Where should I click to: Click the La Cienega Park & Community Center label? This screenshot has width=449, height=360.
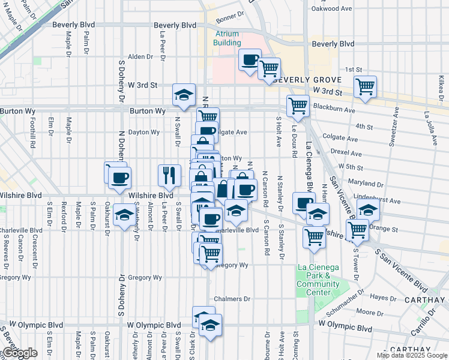tap(318, 280)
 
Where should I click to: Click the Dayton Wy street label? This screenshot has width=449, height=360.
tap(143, 132)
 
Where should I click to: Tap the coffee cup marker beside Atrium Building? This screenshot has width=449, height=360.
tap(250, 60)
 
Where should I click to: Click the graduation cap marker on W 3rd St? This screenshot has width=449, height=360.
tap(184, 94)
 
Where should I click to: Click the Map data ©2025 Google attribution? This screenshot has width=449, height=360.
tap(412, 355)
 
